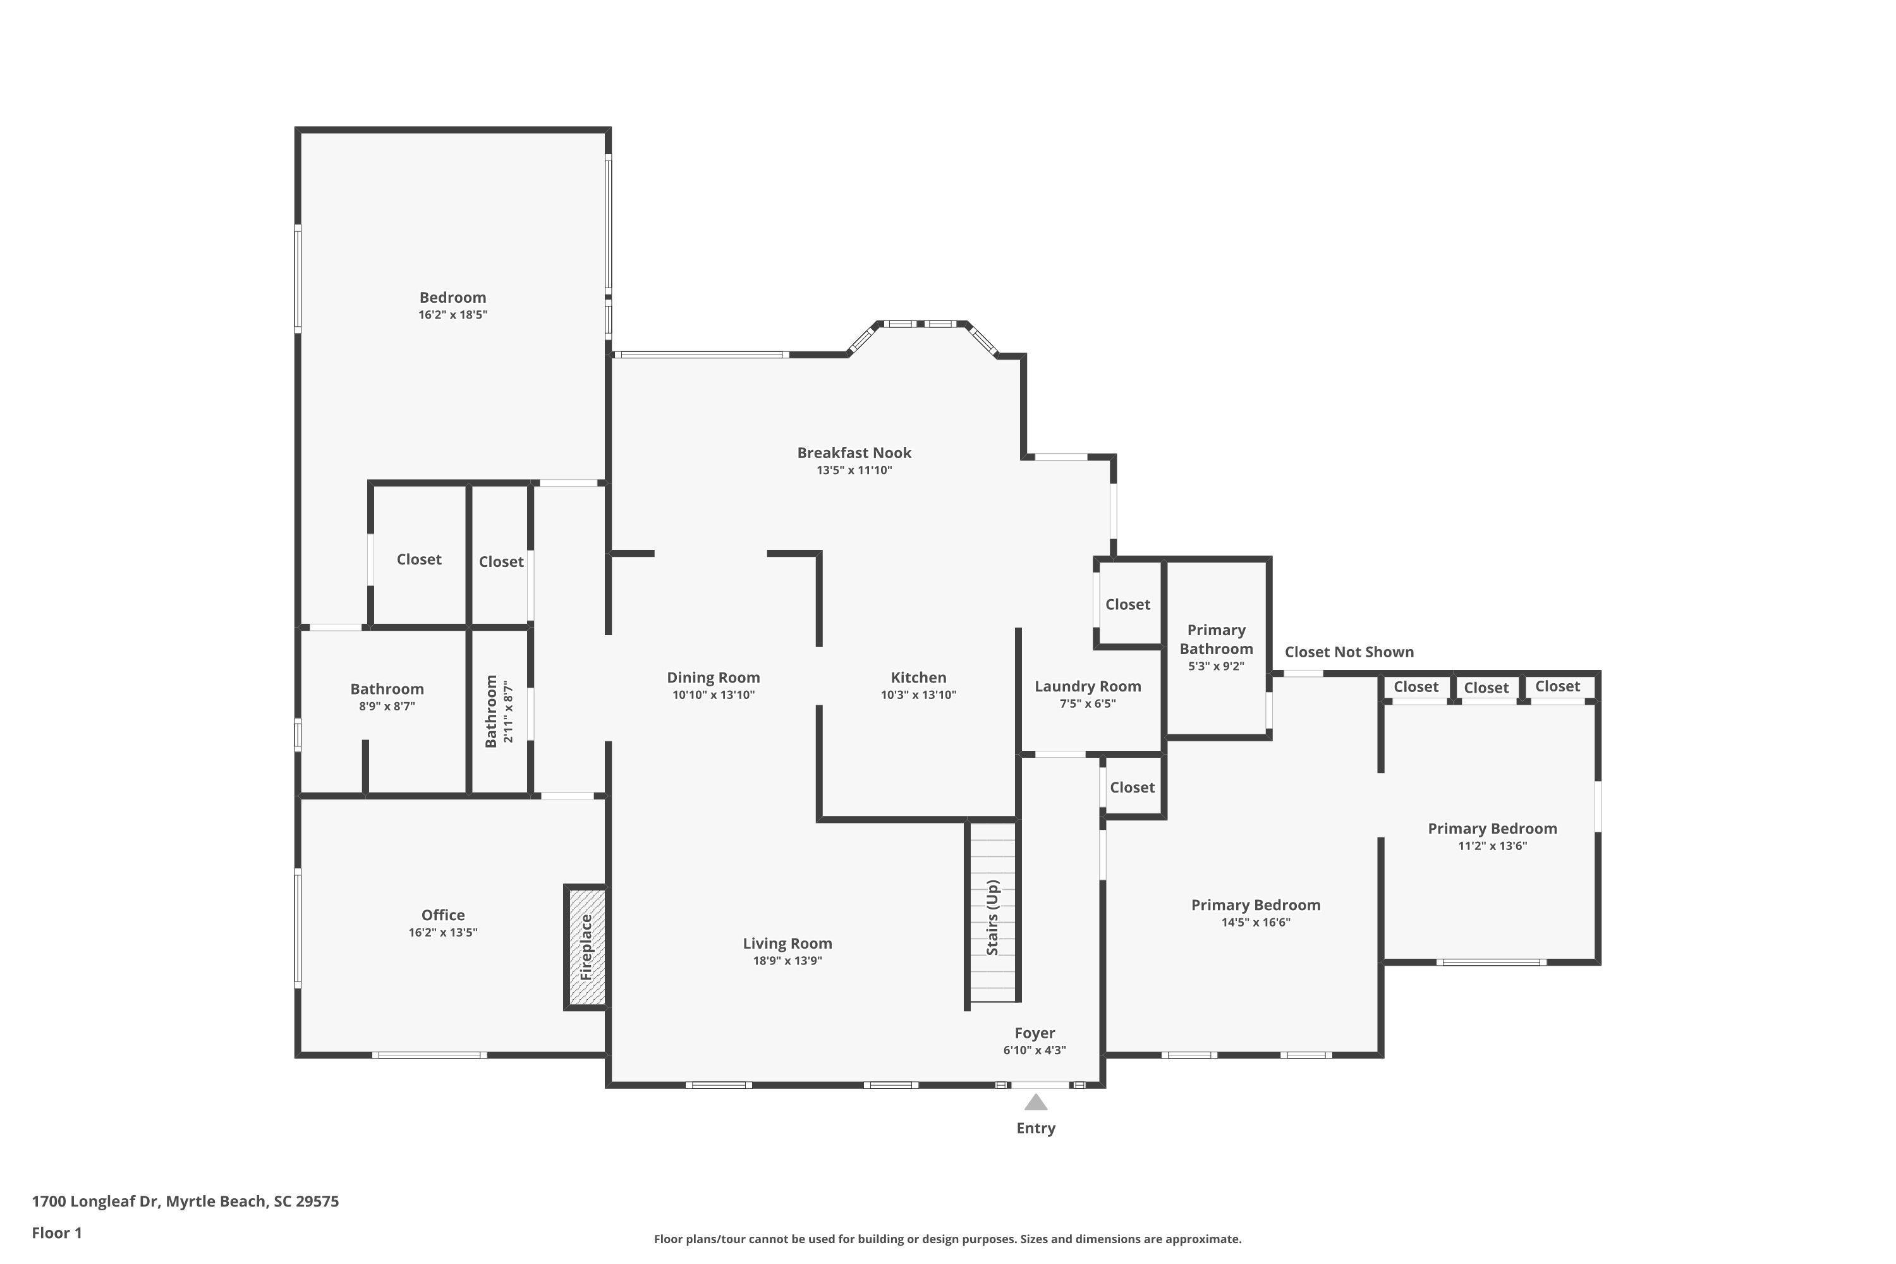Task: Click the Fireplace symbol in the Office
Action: (586, 947)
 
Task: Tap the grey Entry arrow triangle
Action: (1036, 1102)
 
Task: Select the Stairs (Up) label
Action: (992, 918)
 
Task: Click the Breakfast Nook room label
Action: (854, 453)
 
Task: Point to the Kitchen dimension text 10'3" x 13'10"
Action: (918, 695)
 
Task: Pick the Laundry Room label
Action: (1088, 686)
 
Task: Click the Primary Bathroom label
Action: (1217, 639)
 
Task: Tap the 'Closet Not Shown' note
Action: (1349, 652)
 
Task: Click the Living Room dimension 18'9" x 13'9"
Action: (787, 961)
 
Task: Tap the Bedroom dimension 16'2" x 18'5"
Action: (453, 315)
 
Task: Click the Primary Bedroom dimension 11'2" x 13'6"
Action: (1492, 846)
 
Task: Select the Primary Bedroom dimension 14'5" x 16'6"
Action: (1255, 923)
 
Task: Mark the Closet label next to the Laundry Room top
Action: (1127, 605)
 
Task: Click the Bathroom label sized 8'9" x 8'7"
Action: (387, 690)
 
